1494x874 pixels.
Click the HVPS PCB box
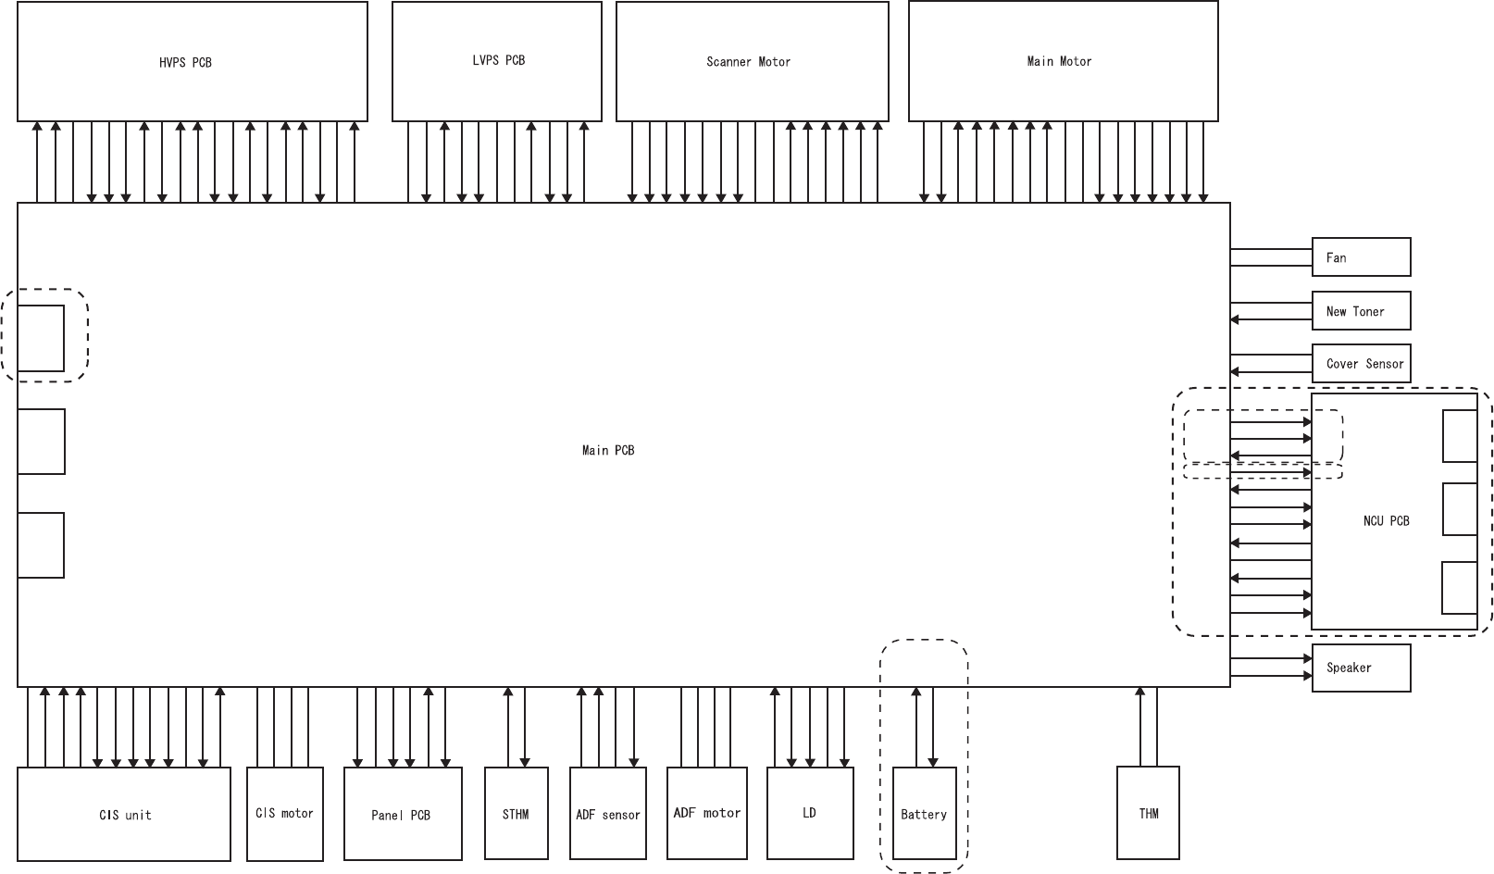(192, 62)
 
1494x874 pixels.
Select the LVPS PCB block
(497, 61)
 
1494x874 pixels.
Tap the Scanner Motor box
(752, 62)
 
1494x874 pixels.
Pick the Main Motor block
(1063, 61)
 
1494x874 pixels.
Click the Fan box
(1361, 257)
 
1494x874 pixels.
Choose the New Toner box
(1361, 311)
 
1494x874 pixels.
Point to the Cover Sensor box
(1361, 364)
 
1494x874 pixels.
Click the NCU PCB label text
(1386, 521)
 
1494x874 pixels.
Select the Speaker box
(1361, 668)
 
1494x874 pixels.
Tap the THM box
(1148, 813)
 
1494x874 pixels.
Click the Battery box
(924, 814)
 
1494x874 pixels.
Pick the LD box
(810, 813)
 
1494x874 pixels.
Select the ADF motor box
(706, 813)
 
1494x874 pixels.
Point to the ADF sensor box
(607, 814)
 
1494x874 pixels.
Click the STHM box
(516, 814)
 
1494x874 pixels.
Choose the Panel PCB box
(402, 814)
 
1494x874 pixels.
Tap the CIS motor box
(284, 814)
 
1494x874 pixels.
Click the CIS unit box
(124, 815)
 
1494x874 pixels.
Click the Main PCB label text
(608, 450)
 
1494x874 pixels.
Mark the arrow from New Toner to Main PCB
(1271, 320)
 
